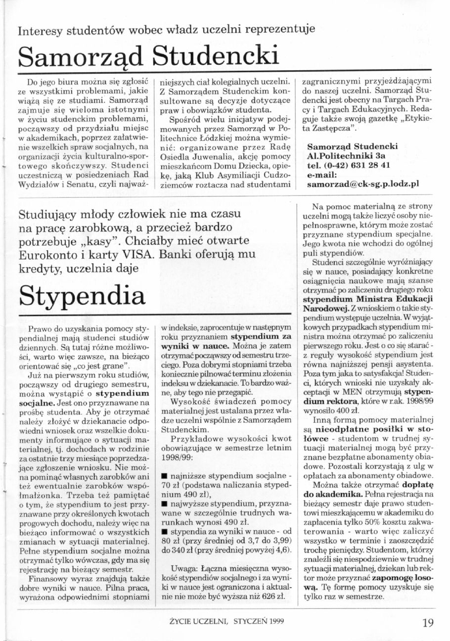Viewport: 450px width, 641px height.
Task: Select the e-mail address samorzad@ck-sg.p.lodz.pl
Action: pos(363,183)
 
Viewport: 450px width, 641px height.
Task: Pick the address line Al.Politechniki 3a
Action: pos(341,156)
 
